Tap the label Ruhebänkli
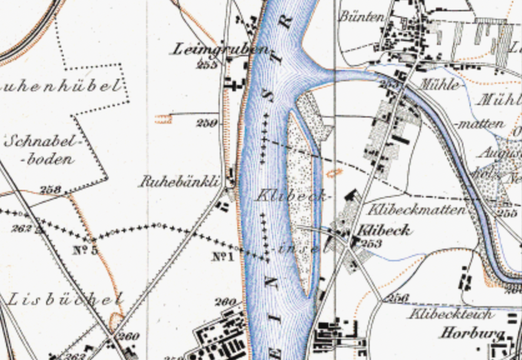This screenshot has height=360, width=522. (180, 182)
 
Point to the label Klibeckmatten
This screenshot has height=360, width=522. (418, 209)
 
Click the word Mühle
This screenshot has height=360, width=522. (440, 84)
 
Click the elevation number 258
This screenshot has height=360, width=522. (51, 189)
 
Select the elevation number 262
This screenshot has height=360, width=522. (21, 229)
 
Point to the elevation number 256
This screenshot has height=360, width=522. (397, 297)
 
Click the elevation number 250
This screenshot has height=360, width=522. (206, 123)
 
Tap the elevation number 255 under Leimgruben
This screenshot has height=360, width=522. (206, 64)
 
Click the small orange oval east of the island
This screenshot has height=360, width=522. (335, 172)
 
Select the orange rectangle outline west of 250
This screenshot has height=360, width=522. (163, 118)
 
